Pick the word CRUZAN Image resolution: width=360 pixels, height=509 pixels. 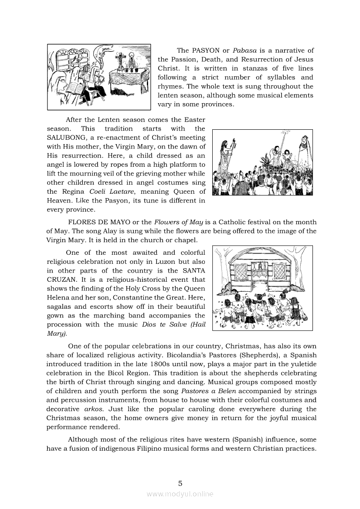(x=61, y=280)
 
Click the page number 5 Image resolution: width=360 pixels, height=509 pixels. (x=180, y=483)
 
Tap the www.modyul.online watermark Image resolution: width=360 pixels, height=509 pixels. (x=180, y=494)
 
